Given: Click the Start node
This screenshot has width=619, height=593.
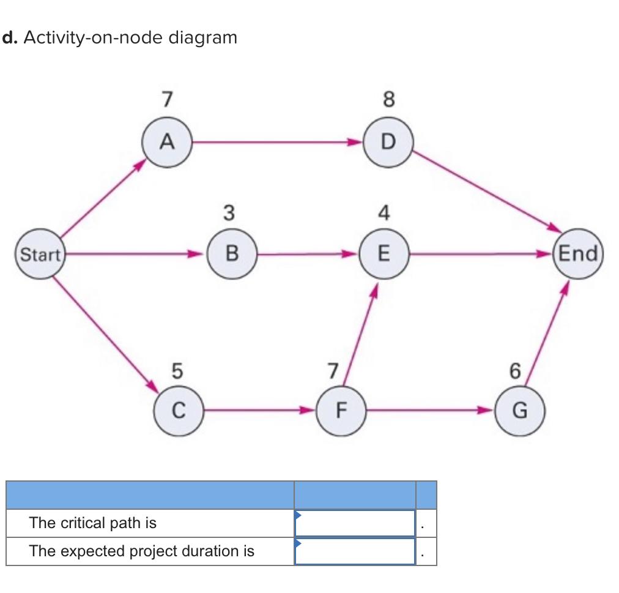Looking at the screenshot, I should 40,254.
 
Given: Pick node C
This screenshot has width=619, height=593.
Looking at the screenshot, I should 177,410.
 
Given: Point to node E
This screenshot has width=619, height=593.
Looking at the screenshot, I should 384,253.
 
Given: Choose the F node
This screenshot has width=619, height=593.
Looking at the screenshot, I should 340,410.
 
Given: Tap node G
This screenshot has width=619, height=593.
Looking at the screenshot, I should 518,410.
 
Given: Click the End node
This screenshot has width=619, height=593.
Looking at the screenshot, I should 577,253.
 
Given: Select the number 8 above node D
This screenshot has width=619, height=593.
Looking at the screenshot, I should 388,99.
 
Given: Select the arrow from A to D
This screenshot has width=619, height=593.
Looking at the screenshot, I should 275,143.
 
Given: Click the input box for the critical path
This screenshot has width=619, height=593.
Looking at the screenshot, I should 355,523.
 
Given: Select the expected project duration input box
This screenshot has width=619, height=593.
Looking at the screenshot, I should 355,551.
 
